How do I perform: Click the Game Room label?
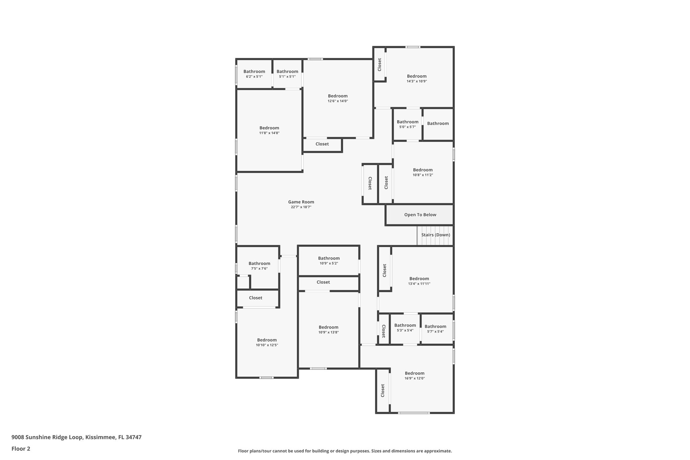[x=301, y=202]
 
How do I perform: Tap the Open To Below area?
[x=420, y=215]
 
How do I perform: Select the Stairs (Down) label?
[x=435, y=235]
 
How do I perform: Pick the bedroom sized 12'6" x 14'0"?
[x=338, y=98]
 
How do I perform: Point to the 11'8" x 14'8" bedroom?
[x=269, y=130]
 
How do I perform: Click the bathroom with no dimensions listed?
[x=438, y=123]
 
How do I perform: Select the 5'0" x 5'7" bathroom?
[x=407, y=124]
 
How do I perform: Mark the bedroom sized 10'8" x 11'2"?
[x=422, y=172]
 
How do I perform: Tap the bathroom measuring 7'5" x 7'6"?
[x=259, y=266]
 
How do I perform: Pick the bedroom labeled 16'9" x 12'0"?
[x=414, y=375]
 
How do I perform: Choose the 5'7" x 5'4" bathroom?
[x=435, y=329]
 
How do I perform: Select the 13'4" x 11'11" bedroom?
[x=419, y=281]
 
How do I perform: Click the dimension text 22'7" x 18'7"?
[x=301, y=207]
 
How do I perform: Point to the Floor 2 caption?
[x=21, y=449]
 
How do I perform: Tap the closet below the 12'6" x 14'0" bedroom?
[x=322, y=144]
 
